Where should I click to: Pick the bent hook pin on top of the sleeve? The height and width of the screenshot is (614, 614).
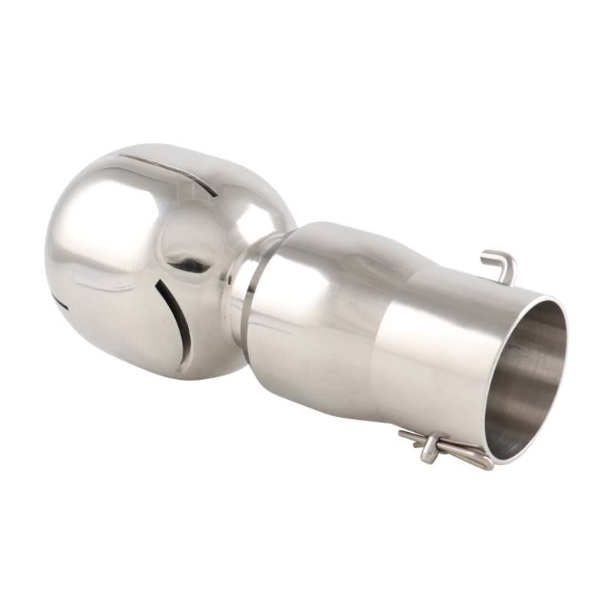tap(500, 265)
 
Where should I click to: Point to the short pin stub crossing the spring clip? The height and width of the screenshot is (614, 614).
tap(428, 453)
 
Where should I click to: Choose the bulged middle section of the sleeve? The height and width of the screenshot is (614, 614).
tap(338, 307)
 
